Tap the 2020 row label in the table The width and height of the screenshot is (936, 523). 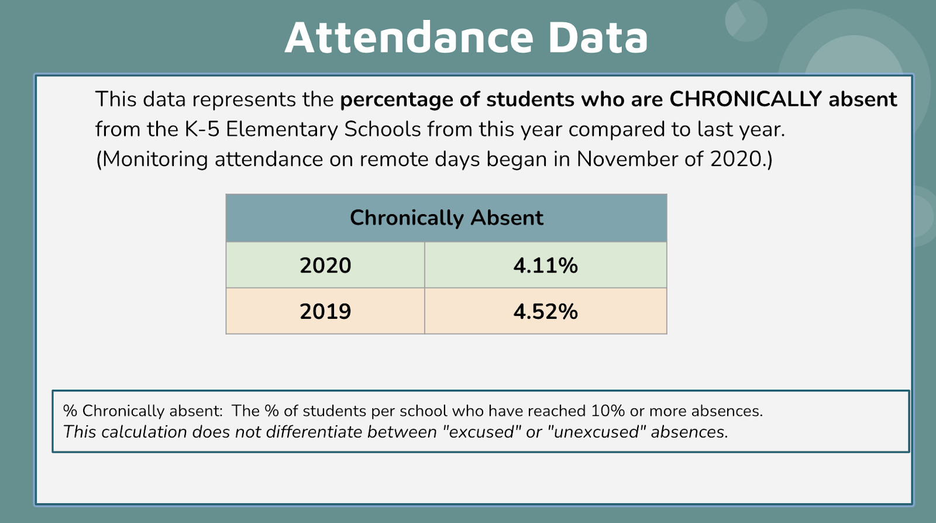pos(325,266)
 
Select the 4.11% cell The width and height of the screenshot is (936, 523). pos(545,266)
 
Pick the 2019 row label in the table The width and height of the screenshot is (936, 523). pos(325,311)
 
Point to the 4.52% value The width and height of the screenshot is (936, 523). pos(545,311)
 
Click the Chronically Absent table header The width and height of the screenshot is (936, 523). pos(446,218)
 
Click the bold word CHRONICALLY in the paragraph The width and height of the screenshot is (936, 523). pos(745,99)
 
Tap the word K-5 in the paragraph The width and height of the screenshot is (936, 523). pos(202,129)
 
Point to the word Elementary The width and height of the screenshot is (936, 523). pos(282,129)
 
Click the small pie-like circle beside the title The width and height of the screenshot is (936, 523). pos(746,21)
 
